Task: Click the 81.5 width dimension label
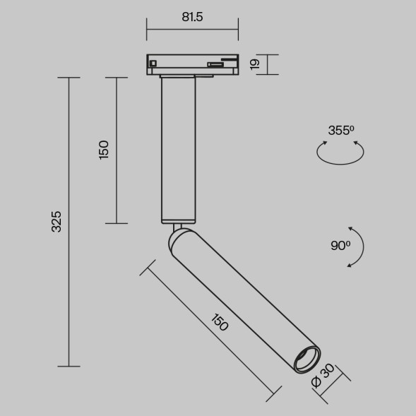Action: click(192, 18)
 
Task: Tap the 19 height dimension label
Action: click(255, 64)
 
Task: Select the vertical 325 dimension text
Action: click(57, 222)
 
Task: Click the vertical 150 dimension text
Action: click(105, 150)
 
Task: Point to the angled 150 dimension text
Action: click(219, 322)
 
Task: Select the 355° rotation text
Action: click(340, 130)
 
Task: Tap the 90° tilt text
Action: click(340, 246)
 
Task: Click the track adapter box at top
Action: click(192, 64)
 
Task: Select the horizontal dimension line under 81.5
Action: click(192, 30)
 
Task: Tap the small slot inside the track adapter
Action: click(215, 67)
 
